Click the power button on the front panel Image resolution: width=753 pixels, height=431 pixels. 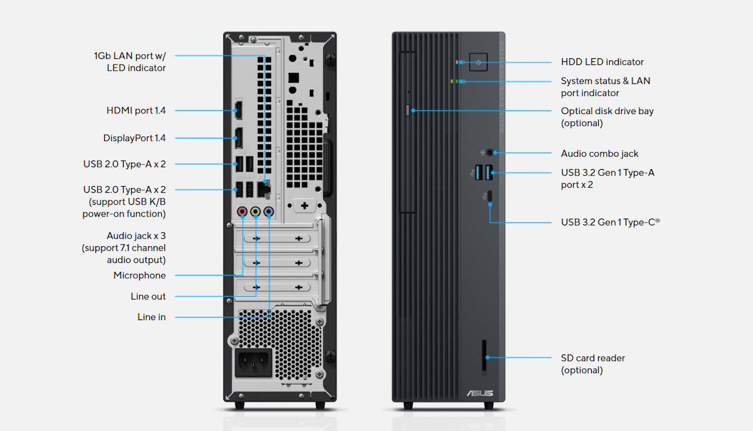click(478, 62)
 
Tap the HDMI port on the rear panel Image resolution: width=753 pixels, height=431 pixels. click(238, 111)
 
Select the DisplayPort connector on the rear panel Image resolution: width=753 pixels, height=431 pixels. click(238, 138)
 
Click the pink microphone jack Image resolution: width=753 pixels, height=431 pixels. click(243, 212)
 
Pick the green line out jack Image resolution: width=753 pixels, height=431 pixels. click(255, 212)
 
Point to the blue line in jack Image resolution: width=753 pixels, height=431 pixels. click(269, 212)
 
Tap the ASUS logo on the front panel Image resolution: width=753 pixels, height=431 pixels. click(479, 393)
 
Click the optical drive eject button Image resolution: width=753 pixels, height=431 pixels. click(409, 110)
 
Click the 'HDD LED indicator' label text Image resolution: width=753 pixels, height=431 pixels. click(602, 62)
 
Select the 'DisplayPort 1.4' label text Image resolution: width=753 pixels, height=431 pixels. click(134, 138)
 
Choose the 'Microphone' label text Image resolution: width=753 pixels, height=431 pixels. click(139, 276)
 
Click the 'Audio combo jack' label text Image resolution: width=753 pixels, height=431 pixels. click(599, 153)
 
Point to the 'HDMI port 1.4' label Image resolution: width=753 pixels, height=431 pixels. click(136, 111)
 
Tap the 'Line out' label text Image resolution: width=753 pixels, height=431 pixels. click(148, 296)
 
